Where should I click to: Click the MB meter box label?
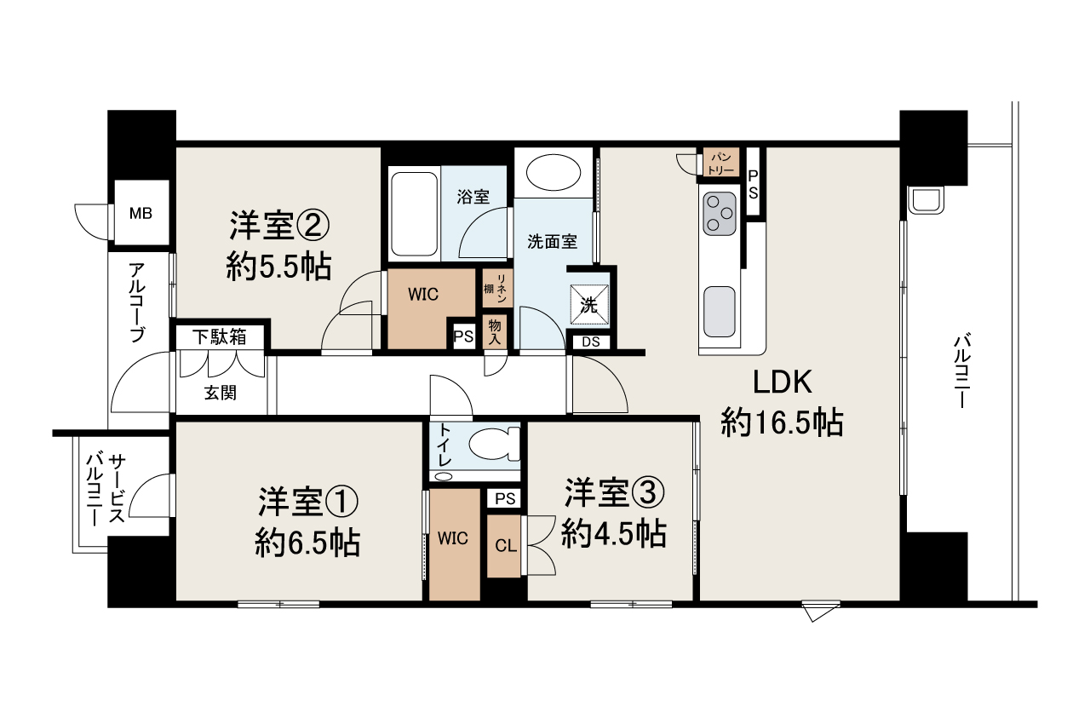[141, 213]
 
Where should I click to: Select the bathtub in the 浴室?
[414, 214]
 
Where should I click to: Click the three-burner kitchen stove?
[720, 214]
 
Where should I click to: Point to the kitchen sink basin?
[720, 312]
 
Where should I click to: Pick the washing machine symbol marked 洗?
[589, 305]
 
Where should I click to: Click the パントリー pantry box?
[721, 162]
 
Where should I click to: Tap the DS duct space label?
[591, 342]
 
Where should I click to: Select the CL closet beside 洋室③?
[504, 546]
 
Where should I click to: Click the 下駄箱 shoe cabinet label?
[219, 336]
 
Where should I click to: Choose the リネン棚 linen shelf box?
[496, 288]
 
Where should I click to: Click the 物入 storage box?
[495, 332]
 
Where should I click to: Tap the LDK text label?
[783, 382]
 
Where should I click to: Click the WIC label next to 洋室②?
[423, 295]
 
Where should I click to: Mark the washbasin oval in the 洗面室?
[554, 173]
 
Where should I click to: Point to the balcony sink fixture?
[926, 200]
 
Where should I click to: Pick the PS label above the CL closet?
[505, 499]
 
